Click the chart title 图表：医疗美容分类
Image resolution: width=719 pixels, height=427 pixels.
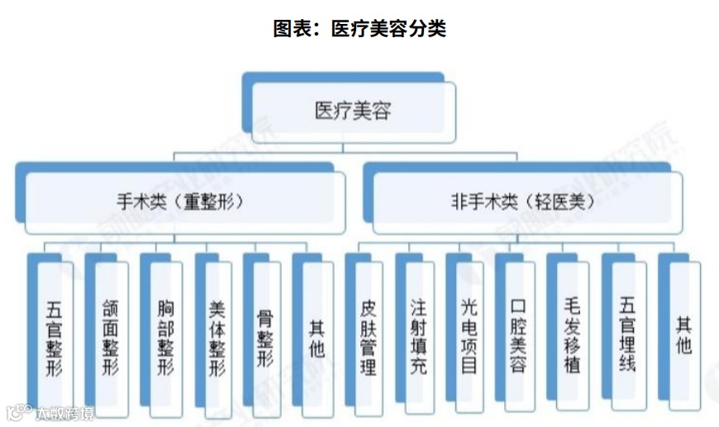click(359, 29)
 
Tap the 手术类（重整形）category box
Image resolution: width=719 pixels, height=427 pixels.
click(179, 202)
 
